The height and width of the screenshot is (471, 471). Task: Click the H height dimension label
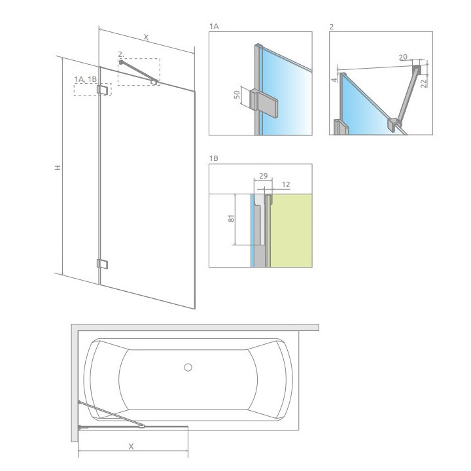58,168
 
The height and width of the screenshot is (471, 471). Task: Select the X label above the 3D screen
146,38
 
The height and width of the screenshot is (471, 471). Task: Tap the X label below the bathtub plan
131,447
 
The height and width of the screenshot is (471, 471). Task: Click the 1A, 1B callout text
85,79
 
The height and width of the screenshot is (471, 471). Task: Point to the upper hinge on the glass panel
102,90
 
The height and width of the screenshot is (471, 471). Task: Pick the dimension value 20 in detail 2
403,58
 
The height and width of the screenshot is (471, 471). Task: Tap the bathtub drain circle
188,367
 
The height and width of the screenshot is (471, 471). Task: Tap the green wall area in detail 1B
292,229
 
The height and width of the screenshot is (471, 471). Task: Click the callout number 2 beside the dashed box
121,54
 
